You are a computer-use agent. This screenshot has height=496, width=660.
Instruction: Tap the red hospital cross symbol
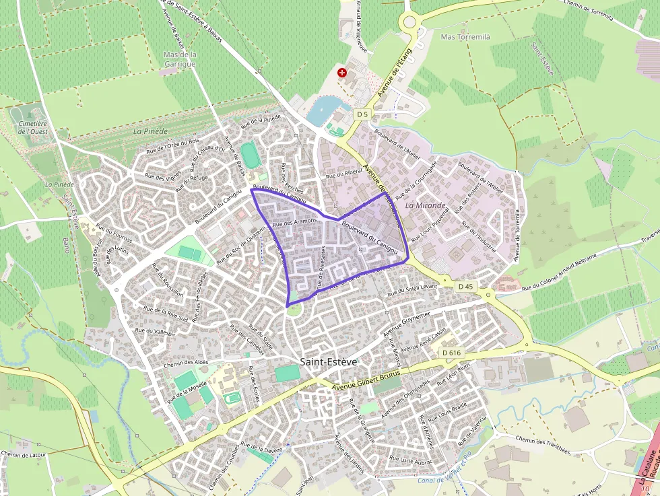(x=342, y=72)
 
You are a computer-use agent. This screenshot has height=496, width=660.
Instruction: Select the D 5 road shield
(x=362, y=114)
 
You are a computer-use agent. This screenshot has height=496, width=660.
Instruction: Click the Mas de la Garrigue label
(x=179, y=59)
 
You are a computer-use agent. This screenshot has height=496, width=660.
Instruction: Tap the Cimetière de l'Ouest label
(x=33, y=127)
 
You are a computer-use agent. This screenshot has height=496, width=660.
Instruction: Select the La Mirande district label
(x=426, y=205)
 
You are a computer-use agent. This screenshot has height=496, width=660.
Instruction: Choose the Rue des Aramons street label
(x=295, y=221)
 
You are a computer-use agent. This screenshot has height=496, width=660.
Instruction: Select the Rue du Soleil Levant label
(x=413, y=289)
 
